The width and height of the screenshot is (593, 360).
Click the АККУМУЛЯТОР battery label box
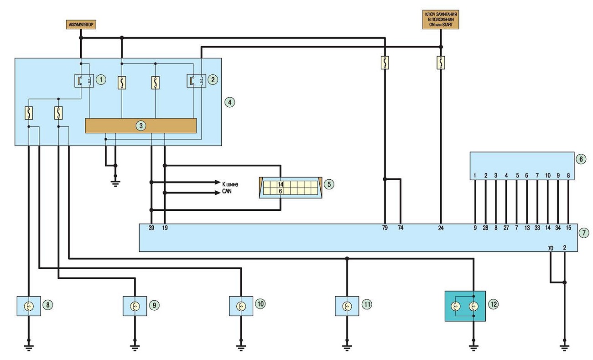tap(81, 25)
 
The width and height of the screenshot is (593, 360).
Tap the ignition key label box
tap(441, 20)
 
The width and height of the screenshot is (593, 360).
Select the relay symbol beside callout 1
tap(84, 80)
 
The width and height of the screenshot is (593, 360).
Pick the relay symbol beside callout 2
tap(196, 80)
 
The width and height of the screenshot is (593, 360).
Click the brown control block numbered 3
tap(141, 126)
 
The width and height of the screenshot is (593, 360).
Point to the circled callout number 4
tap(229, 102)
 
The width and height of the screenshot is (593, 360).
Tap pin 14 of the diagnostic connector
tap(281, 184)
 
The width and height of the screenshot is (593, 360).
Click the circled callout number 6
tap(581, 159)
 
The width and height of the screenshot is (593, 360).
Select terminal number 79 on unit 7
tap(385, 228)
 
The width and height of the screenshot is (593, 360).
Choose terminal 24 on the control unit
tap(441, 228)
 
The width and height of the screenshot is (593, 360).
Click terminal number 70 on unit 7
tap(551, 248)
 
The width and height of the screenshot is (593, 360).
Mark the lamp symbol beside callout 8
tap(29, 306)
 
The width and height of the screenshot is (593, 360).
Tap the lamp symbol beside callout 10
tap(241, 306)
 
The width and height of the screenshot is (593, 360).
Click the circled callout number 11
tap(367, 304)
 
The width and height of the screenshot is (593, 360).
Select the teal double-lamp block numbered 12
tap(465, 306)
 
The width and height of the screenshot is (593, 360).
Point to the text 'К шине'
tap(230, 184)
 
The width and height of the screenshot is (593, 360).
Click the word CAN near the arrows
tap(227, 191)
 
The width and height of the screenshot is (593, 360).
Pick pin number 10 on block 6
tap(548, 175)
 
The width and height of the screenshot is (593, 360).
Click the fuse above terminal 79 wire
tap(385, 63)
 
